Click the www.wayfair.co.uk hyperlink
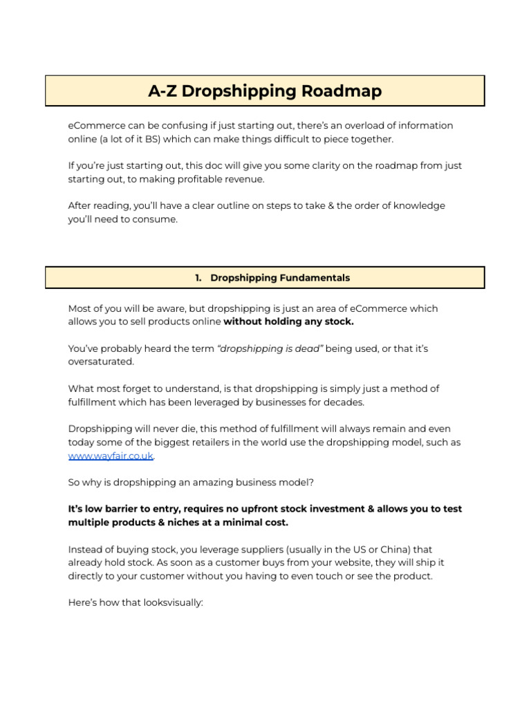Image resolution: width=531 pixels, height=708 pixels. pos(111,456)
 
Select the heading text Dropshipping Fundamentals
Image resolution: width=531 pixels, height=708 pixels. pos(280,278)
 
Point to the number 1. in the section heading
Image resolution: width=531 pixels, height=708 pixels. pos(198,278)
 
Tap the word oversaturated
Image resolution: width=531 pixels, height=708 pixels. pos(101,362)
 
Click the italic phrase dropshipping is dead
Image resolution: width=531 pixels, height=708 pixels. pos(270,348)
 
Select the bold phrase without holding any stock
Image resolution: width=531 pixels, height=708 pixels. pos(288,322)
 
